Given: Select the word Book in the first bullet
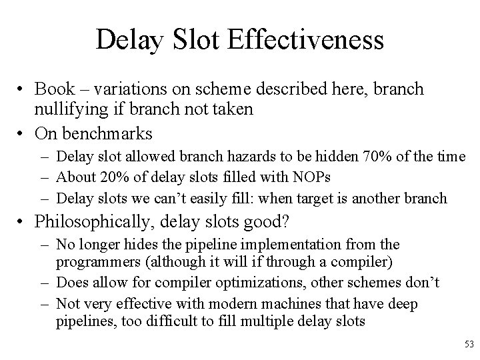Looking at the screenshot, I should click(x=55, y=89).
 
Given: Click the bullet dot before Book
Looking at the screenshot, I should click(x=22, y=90).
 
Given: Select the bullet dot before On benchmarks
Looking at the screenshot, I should click(x=22, y=133).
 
